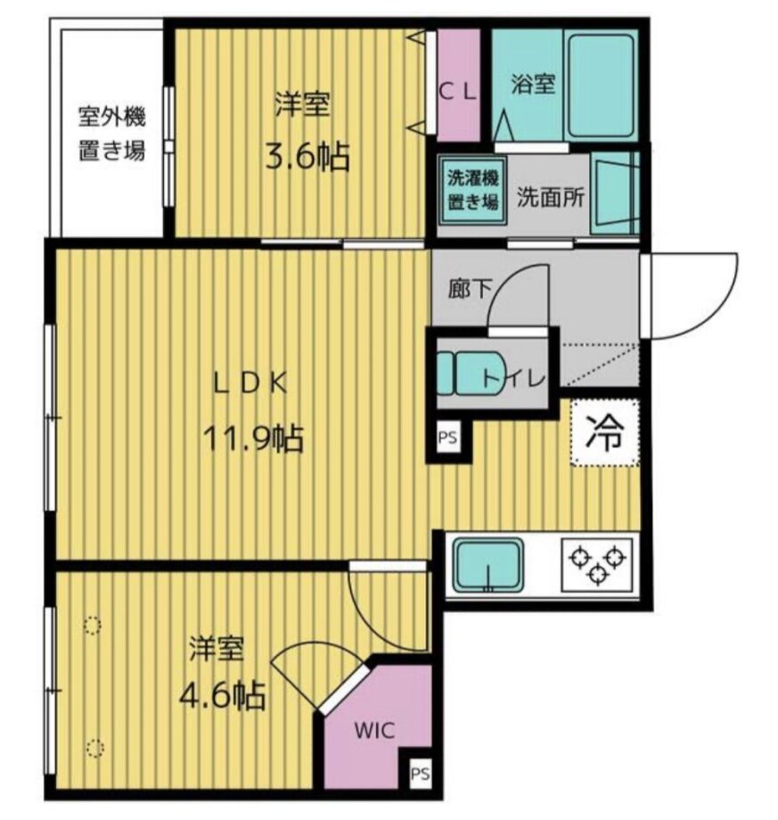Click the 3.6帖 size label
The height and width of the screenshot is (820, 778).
tap(307, 156)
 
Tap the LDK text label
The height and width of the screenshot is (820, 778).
tap(250, 384)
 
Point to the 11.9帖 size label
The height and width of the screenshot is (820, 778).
tap(253, 439)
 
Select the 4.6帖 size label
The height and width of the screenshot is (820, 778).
tap(222, 694)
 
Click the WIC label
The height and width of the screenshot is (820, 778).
tap(374, 730)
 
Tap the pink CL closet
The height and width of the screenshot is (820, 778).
tap(459, 86)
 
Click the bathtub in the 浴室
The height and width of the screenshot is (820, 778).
tap(601, 86)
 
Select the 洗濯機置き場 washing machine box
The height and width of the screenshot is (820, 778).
tap(472, 190)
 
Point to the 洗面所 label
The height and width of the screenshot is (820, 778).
tap(551, 197)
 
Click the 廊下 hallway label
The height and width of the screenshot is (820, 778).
tap(470, 288)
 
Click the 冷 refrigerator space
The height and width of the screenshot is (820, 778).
tap(604, 432)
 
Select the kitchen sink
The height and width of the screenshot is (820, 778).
tap(487, 566)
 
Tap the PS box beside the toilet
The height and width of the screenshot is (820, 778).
tap(448, 438)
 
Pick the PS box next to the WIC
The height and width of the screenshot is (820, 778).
tap(420, 773)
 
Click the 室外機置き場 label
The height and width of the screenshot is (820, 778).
tap(111, 134)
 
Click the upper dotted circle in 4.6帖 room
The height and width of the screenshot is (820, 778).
tap(92, 625)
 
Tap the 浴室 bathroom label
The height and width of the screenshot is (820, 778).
tap(533, 84)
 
